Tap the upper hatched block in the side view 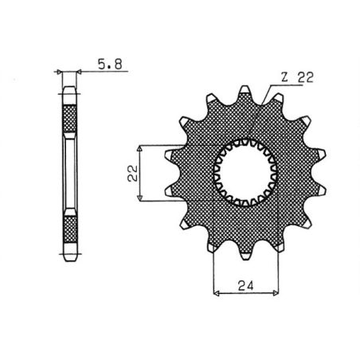pyautogui.click(x=69, y=120)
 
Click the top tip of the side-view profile pyautogui.click(x=69, y=88)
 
